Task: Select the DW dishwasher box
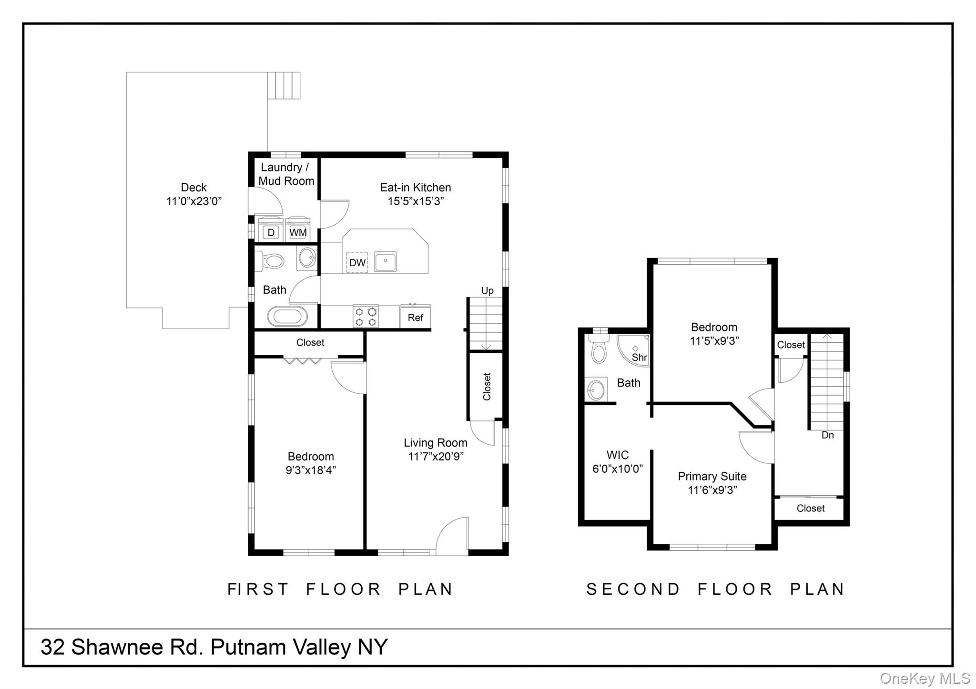pos(357,262)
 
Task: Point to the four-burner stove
pos(366,316)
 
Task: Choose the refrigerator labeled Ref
pos(415,317)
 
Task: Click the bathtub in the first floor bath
pos(287,316)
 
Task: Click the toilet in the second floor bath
pos(598,350)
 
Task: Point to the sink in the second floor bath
pos(596,390)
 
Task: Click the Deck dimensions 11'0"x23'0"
pos(194,201)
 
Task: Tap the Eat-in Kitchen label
pos(415,188)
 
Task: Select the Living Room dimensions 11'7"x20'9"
pos(436,457)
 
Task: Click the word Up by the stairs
pos(487,290)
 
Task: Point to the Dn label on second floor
pos(828,435)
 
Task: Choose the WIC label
pos(617,455)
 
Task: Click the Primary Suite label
pos(712,476)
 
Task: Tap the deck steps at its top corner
pos(284,85)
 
